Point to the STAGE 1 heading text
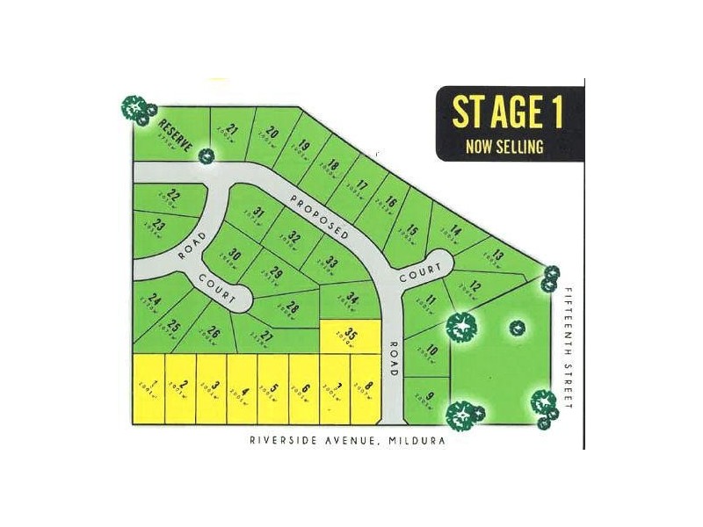point(507,112)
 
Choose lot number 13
point(497,256)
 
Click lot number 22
point(173,197)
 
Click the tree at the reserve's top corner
point(135,109)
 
